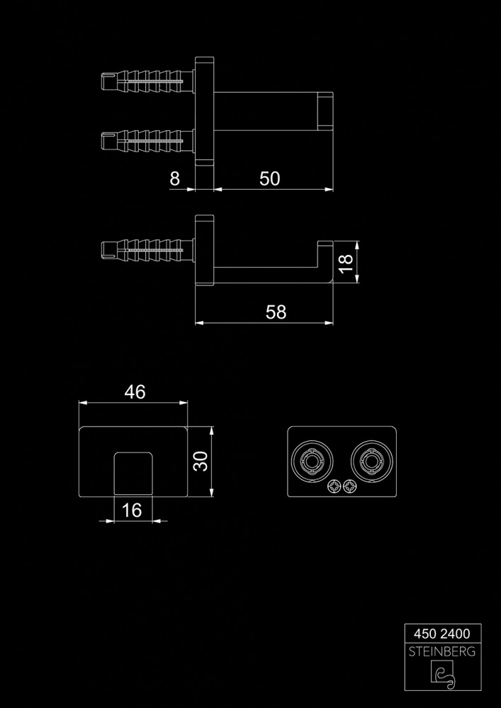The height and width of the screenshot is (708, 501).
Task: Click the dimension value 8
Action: (x=175, y=179)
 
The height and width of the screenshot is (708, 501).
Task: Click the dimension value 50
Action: (x=269, y=179)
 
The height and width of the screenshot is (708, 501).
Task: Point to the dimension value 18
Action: (x=345, y=263)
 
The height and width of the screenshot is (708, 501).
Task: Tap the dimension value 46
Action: (x=134, y=392)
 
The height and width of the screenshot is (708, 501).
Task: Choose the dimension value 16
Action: (x=133, y=510)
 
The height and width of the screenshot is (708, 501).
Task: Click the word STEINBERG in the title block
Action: (x=442, y=651)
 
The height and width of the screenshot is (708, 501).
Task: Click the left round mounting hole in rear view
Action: (x=311, y=462)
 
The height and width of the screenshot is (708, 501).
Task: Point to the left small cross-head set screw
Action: (x=334, y=486)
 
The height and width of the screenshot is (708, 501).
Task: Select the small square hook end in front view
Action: (x=133, y=472)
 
